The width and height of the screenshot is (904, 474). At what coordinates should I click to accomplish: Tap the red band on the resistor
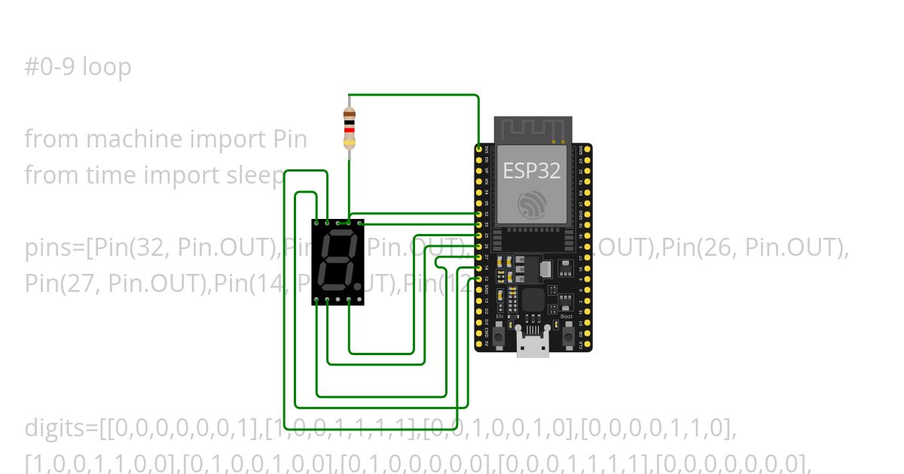[x=349, y=129]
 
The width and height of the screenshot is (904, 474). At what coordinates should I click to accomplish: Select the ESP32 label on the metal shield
[x=531, y=171]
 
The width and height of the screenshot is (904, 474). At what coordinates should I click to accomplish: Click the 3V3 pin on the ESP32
[x=479, y=150]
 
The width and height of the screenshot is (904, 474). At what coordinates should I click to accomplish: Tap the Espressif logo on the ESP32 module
[x=532, y=205]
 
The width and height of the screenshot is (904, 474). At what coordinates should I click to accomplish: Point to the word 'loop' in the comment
[x=106, y=67]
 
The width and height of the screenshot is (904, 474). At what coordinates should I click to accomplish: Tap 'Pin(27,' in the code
[x=63, y=284]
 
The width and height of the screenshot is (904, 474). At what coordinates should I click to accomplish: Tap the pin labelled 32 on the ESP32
[x=479, y=214]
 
